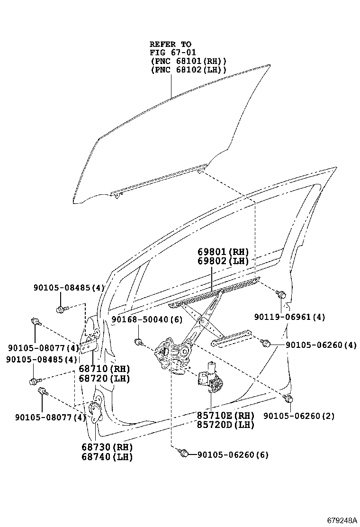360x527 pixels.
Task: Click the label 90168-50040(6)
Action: click(147, 320)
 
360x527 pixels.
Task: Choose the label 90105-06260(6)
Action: click(232, 455)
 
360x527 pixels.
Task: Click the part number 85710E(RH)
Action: click(225, 415)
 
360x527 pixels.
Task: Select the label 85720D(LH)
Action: click(225, 425)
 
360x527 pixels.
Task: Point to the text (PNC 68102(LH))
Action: click(188, 70)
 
